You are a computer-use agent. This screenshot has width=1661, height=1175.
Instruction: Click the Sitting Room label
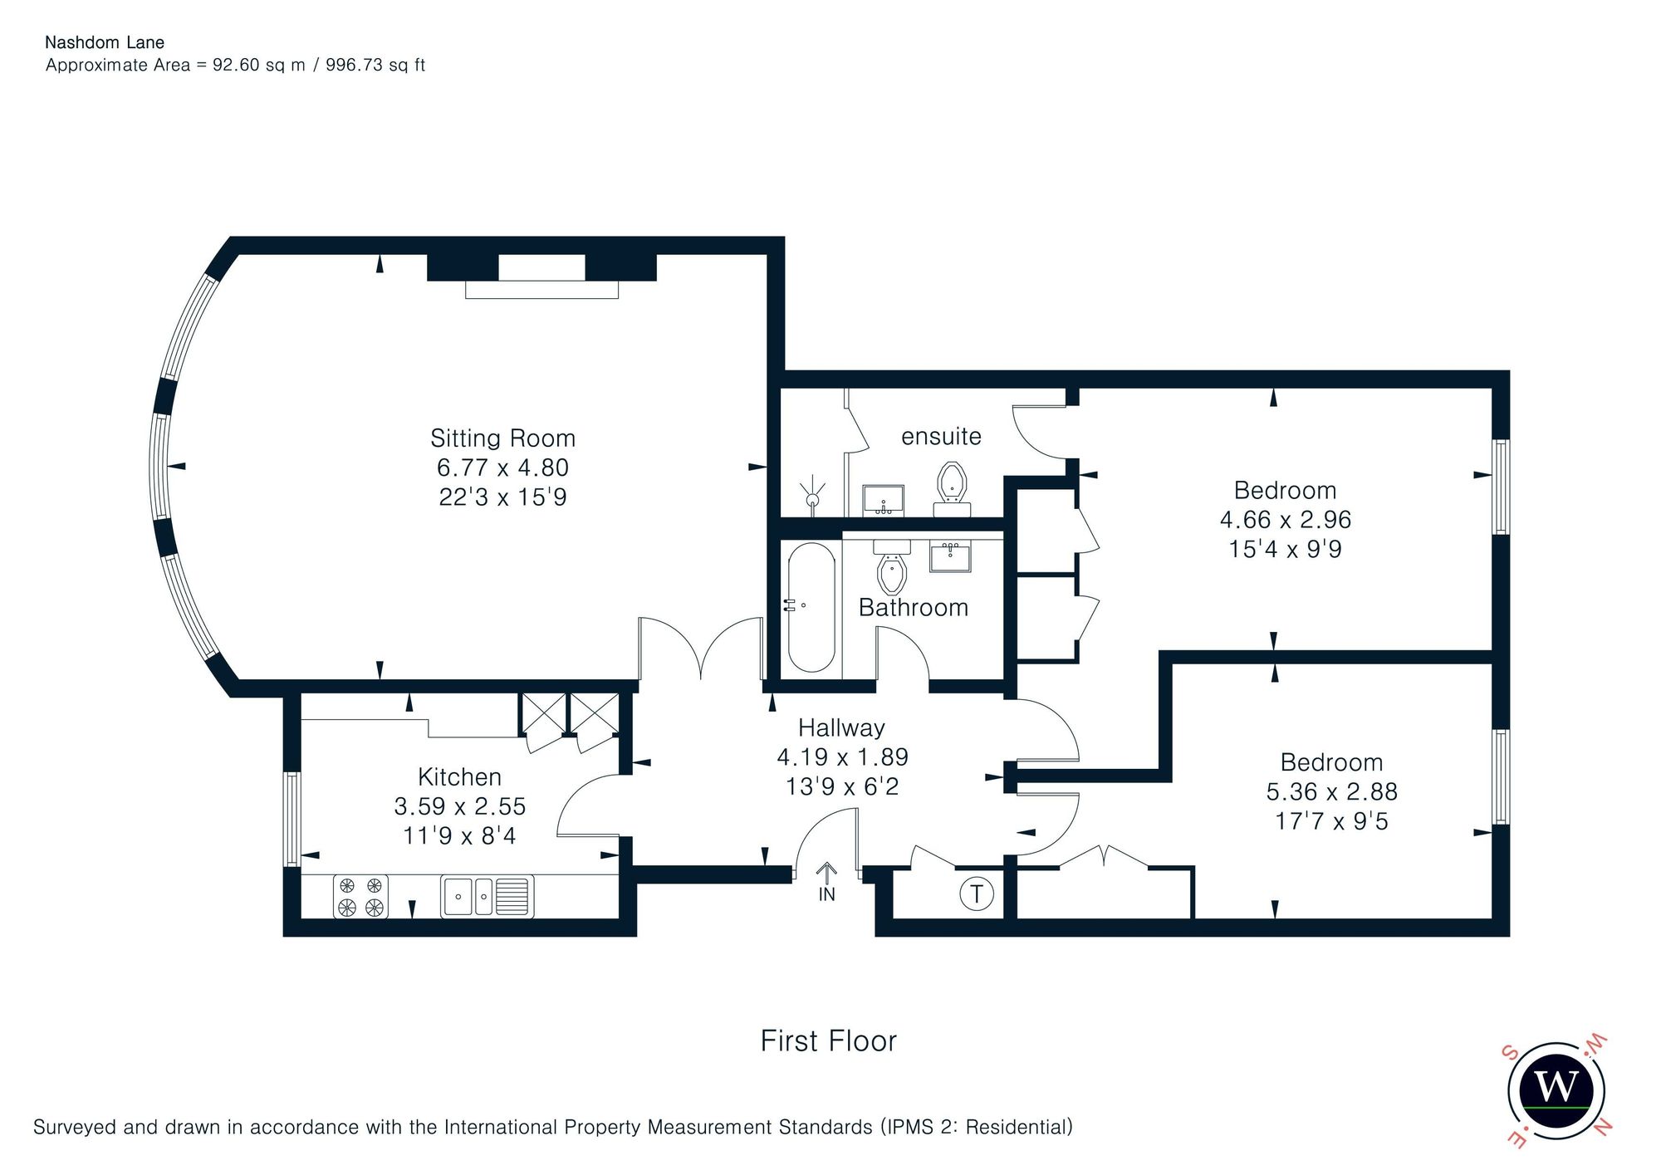pos(502,438)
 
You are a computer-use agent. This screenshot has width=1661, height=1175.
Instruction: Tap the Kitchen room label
pos(459,776)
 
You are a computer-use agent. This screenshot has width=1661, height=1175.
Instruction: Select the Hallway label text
pos(841,728)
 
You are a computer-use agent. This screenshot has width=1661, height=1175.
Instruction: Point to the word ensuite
pos(941,436)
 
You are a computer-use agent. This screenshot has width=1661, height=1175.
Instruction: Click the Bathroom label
pos(914,607)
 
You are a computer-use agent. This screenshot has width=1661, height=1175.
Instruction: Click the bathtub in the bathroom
pos(811,607)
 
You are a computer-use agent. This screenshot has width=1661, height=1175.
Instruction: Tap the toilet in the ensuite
pos(952,489)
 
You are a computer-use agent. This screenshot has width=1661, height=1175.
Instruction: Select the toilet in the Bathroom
pos(892,565)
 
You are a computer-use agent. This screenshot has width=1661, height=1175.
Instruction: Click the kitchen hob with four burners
pos(360,896)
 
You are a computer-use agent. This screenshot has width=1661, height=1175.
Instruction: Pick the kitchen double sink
pos(487,896)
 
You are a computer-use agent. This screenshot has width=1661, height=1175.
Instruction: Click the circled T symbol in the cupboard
pos(977,893)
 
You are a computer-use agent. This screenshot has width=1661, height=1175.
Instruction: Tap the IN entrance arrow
pos(826,882)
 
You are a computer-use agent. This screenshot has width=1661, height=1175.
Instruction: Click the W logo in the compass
pos(1556,1087)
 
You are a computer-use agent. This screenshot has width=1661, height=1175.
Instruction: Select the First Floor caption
pos(829,1040)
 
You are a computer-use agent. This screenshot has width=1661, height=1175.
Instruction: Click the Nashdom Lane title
pos(105,42)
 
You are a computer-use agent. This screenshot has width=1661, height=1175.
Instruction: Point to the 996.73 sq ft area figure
pos(375,65)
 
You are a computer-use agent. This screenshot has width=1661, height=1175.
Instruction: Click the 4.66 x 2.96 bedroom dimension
pos(1286,519)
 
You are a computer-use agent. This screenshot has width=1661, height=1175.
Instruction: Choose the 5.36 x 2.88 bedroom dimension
pos(1332,791)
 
